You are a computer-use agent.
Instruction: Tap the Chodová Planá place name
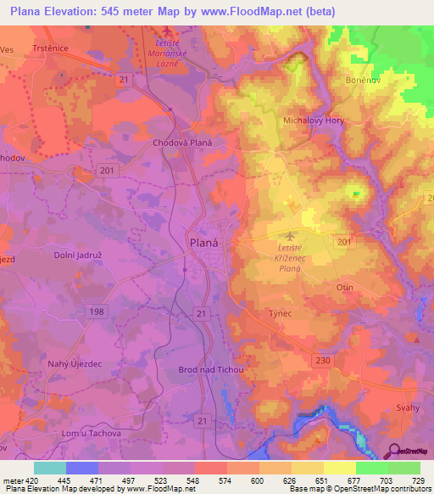click(x=181, y=143)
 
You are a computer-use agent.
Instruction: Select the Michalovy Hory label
click(x=314, y=121)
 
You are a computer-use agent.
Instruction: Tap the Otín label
click(x=345, y=287)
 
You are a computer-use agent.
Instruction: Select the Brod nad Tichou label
click(x=211, y=370)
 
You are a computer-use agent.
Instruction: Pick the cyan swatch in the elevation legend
click(x=50, y=468)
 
